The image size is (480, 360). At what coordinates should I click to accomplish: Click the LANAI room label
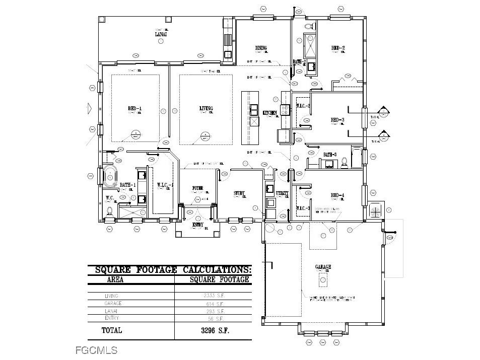161,34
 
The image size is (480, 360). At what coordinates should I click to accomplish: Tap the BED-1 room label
134,108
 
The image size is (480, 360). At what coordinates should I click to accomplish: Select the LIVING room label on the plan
206,108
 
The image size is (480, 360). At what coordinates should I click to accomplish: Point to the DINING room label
260,48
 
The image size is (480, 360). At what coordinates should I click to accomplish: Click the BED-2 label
337,48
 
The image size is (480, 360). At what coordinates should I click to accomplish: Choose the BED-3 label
337,120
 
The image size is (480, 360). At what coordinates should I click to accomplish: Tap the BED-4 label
337,195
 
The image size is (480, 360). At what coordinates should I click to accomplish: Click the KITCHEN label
270,113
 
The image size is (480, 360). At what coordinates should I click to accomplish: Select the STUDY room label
239,193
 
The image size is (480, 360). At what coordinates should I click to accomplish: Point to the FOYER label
197,188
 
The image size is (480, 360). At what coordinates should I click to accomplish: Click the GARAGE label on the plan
323,267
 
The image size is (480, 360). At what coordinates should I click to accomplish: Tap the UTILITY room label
282,193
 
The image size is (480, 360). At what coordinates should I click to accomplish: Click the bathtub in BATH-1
111,176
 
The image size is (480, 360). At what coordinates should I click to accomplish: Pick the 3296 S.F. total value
212,331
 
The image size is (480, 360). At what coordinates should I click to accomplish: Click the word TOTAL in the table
112,331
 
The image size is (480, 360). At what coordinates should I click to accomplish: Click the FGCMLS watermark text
96,350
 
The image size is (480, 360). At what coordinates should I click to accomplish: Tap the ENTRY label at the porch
198,225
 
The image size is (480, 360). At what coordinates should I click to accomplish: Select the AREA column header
115,279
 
